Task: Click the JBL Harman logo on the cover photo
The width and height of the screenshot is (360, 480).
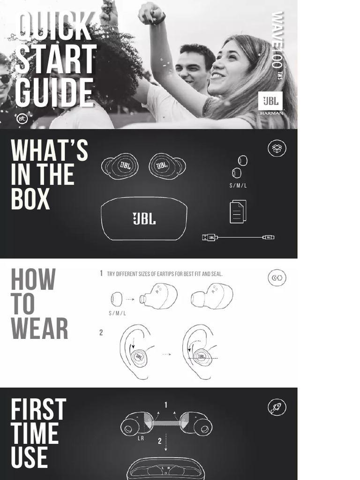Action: (x=270, y=104)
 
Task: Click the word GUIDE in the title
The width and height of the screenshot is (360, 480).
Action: (x=54, y=93)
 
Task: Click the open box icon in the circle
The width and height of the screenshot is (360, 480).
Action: (x=277, y=149)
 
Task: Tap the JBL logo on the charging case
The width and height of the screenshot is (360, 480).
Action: (x=144, y=219)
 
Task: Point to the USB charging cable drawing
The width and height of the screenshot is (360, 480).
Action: (x=238, y=237)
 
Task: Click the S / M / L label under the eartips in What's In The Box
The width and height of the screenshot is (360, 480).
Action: (x=238, y=186)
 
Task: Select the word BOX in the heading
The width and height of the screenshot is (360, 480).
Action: (x=30, y=199)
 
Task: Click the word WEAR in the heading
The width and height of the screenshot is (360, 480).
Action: (x=39, y=328)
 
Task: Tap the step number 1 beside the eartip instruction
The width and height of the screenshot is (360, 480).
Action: (x=101, y=274)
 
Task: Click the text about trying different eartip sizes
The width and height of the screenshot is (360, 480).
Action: (x=165, y=274)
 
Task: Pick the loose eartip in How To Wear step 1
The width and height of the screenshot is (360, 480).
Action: (x=116, y=299)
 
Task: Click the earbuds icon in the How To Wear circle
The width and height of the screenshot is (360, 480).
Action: (x=277, y=278)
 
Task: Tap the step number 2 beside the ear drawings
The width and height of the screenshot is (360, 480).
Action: (x=101, y=333)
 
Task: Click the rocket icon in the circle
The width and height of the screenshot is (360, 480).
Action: (x=277, y=407)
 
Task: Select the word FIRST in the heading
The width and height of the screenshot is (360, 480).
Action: (x=38, y=410)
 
